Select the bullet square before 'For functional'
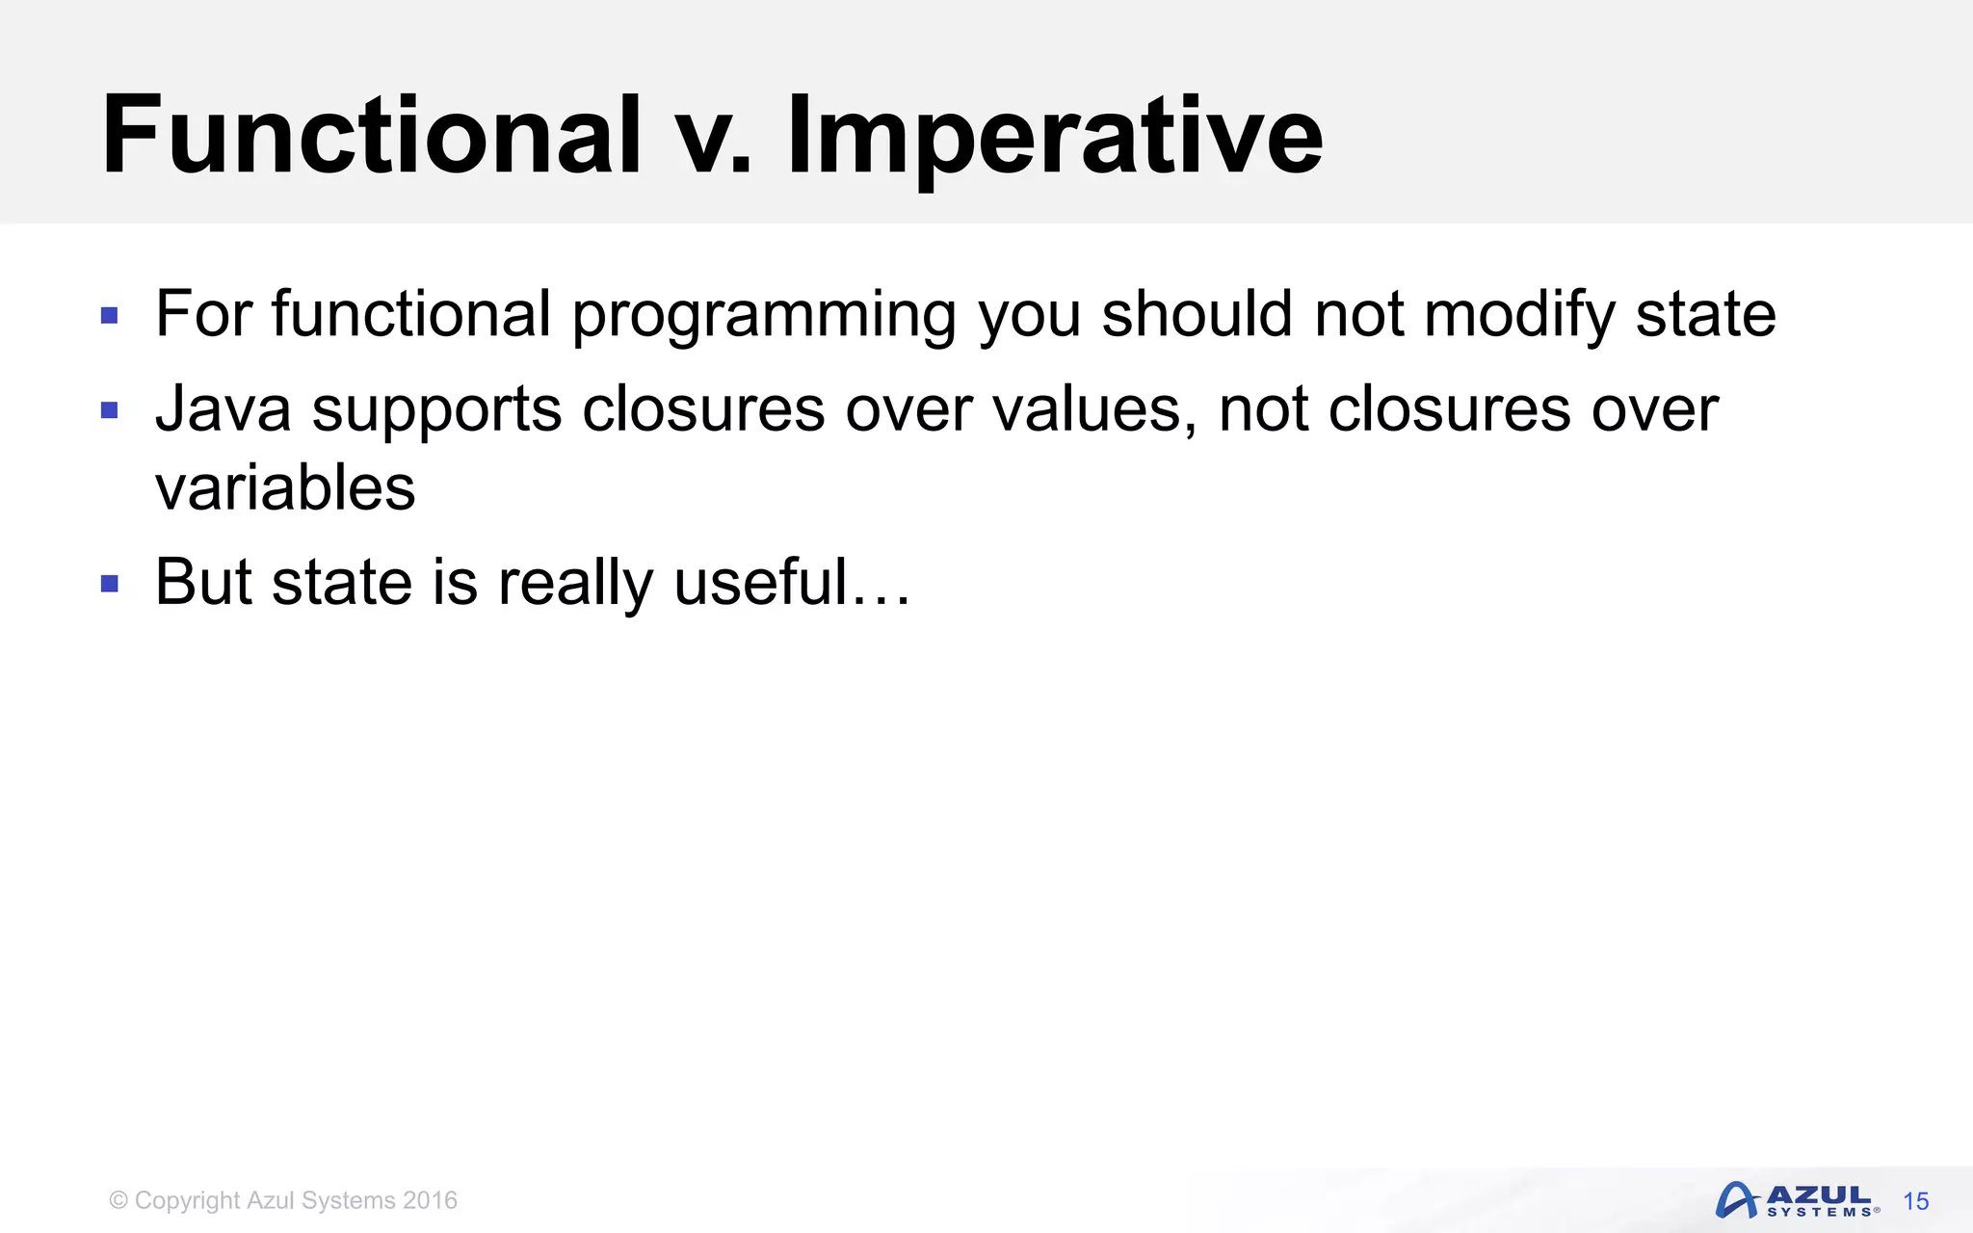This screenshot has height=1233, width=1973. coord(110,315)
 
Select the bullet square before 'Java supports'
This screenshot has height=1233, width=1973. coord(110,410)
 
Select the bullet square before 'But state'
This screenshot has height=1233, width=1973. coord(110,583)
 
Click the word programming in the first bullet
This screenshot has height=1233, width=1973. coord(763,316)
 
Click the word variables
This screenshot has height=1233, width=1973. coord(285,487)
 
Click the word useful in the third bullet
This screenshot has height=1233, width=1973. coord(760,582)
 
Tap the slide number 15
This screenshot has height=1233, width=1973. coord(1916,1201)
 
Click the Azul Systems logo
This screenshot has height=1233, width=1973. coord(1796,1200)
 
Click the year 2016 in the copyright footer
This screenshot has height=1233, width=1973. coord(430,1200)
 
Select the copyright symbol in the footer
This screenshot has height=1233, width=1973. coord(118,1200)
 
